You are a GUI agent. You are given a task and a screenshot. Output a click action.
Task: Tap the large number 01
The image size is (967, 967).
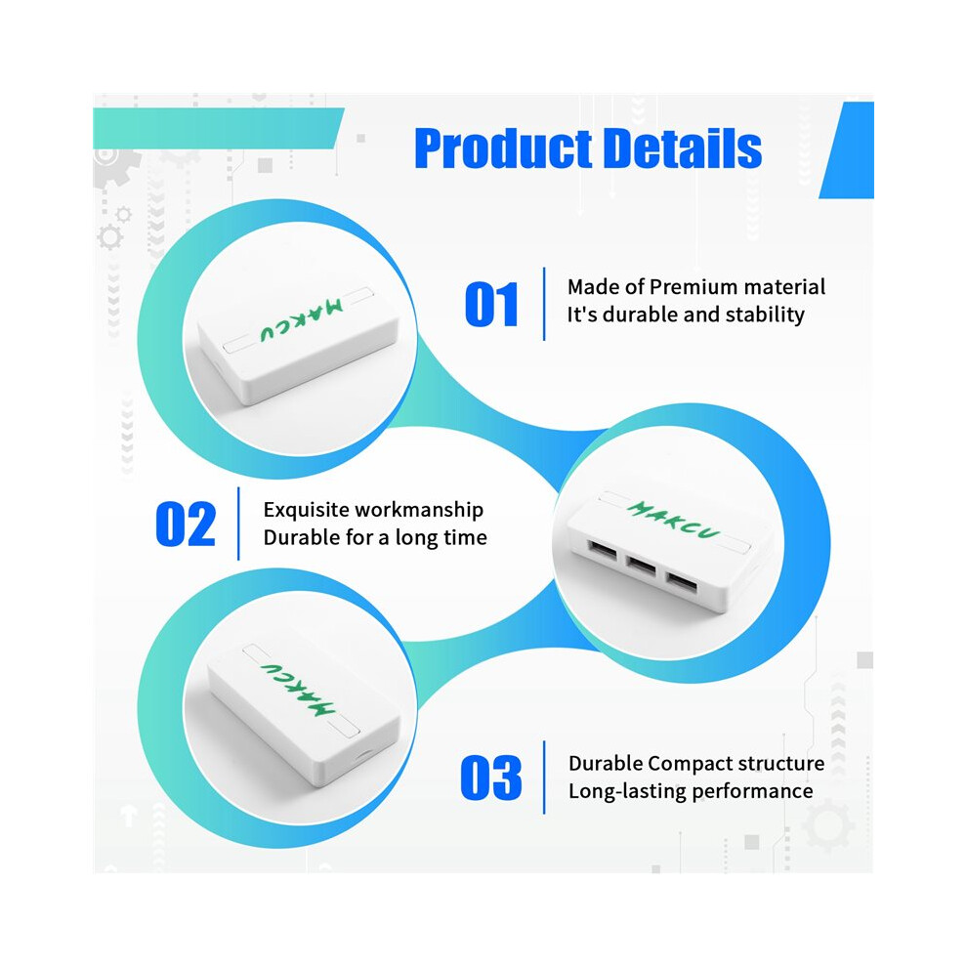click(x=491, y=304)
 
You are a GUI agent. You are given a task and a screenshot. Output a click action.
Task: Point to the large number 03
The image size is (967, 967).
click(x=491, y=778)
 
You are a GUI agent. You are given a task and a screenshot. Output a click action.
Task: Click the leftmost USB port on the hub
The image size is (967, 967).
click(x=602, y=549)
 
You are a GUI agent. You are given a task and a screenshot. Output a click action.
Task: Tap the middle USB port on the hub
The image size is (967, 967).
click(x=640, y=565)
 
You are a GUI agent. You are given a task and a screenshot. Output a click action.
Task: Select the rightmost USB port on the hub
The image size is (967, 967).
click(x=681, y=582)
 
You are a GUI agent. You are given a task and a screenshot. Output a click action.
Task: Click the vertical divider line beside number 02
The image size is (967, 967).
click(x=238, y=524)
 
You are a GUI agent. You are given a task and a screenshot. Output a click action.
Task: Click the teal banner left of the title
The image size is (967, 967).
click(x=219, y=128)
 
